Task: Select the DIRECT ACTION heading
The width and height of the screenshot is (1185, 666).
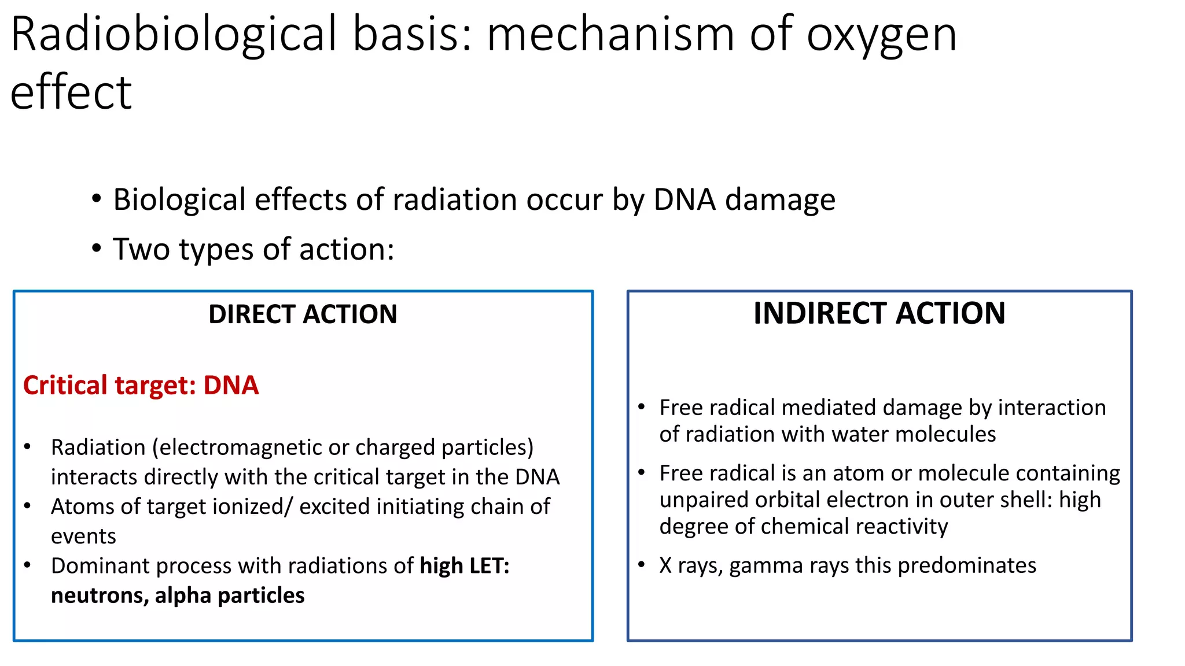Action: pos(303,314)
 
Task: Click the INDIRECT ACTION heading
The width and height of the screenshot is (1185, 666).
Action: pos(879,313)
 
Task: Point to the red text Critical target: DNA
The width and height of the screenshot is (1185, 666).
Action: pos(141,386)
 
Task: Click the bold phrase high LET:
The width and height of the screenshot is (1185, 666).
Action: pos(465,565)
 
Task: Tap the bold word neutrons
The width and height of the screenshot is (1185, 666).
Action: pos(99,596)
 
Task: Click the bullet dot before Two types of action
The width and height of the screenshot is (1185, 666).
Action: pos(97,249)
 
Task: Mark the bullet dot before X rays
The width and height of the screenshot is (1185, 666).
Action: pos(641,564)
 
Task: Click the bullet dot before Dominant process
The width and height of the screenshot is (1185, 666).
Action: pos(27,565)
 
